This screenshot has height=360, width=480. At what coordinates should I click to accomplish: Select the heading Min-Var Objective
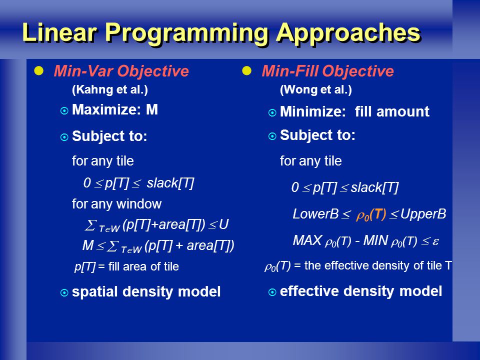[121, 71]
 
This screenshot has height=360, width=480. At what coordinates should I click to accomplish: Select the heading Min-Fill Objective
[327, 71]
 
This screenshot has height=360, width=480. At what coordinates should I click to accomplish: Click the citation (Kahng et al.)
[110, 89]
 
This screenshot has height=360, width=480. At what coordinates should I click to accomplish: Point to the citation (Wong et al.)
[316, 89]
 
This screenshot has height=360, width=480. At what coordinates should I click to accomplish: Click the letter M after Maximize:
[152, 109]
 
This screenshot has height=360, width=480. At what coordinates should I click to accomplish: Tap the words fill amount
[392, 111]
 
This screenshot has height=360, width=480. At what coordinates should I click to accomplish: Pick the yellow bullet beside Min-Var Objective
[39, 71]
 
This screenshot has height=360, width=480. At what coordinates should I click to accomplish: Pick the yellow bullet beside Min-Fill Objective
[246, 71]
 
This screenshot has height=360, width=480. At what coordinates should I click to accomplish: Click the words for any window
[116, 204]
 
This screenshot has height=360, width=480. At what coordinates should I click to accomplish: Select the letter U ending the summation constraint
[224, 224]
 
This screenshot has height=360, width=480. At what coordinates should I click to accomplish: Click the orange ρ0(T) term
[371, 215]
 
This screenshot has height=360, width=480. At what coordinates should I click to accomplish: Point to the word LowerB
[315, 214]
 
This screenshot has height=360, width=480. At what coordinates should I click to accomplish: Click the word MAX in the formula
[307, 240]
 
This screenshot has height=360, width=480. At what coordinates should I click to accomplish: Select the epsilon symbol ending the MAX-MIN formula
[435, 241]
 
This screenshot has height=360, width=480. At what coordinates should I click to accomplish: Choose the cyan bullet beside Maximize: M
[64, 110]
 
